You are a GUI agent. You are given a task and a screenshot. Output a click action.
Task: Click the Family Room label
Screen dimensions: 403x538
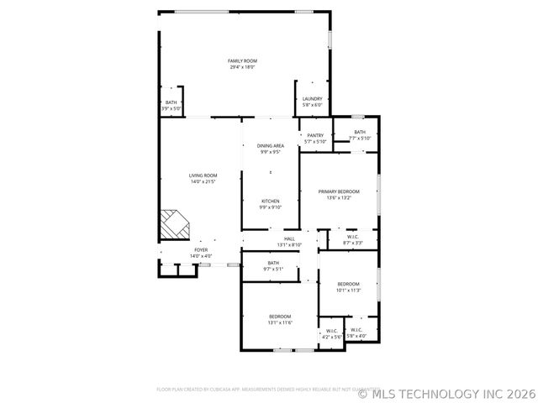coord(243,60)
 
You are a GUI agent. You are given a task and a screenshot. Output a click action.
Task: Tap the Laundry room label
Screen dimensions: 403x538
coord(312,98)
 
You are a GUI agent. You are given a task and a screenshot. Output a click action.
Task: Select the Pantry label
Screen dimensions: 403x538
coord(315,135)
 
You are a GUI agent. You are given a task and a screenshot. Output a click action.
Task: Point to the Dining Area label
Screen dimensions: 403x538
coord(270,146)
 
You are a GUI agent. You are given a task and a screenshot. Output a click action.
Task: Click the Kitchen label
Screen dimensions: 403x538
coord(270,201)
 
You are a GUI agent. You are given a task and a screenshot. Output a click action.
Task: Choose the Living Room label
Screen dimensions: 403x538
coord(203,175)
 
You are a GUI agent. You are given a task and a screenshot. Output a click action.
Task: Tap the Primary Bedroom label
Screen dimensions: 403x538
coord(339,192)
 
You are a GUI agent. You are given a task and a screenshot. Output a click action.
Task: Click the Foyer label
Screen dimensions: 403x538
coord(201,249)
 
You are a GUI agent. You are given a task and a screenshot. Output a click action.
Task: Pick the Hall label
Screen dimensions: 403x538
coord(289,239)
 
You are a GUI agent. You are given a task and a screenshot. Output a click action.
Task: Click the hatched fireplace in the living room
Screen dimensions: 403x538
coord(176,224)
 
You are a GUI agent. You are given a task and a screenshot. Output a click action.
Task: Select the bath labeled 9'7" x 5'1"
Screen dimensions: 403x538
coord(273,263)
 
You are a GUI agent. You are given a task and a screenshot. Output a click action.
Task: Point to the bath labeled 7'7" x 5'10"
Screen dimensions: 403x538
coord(360,132)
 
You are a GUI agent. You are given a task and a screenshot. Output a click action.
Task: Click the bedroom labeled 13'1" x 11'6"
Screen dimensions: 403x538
coord(280,317)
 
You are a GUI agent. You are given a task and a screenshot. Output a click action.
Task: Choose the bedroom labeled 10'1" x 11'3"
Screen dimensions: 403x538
coord(348,284)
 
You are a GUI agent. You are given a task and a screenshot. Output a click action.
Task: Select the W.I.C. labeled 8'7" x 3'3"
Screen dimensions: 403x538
coord(354,237)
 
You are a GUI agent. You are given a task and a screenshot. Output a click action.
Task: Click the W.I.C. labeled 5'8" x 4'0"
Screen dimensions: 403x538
coord(356,330)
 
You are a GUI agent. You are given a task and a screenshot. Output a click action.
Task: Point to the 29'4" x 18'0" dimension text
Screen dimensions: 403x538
coord(243,67)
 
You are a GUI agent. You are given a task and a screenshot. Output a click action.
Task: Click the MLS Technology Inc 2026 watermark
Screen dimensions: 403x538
coord(446,392)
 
